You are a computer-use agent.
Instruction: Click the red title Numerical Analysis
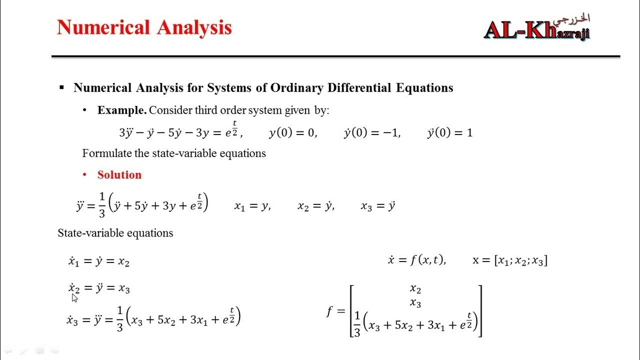(x=144, y=27)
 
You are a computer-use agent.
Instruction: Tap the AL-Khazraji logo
(x=537, y=29)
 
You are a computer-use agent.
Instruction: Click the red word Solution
(x=119, y=174)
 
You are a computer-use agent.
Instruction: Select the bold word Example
(x=122, y=110)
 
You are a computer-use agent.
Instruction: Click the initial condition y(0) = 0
(x=292, y=133)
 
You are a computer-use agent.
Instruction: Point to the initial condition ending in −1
(x=372, y=133)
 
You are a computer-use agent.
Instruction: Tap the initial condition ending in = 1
(x=449, y=133)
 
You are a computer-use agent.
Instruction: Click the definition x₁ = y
(x=252, y=205)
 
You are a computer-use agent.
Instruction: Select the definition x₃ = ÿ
(x=378, y=205)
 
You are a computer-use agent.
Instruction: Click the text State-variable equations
(x=115, y=233)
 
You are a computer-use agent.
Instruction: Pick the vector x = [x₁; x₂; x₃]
(x=509, y=260)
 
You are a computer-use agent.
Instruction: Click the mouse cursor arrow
(x=74, y=298)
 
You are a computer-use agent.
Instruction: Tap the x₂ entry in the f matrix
(x=415, y=289)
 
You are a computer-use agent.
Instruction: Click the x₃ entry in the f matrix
(x=415, y=303)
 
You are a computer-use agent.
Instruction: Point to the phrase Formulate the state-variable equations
(x=174, y=153)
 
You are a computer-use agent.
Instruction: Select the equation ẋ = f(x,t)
(x=416, y=260)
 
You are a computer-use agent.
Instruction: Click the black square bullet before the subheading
(x=62, y=88)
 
